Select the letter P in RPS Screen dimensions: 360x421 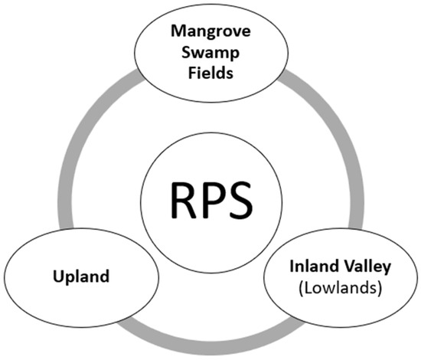coord(209,200)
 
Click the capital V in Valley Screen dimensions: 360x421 coord(345,267)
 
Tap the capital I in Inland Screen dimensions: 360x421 coord(293,267)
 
